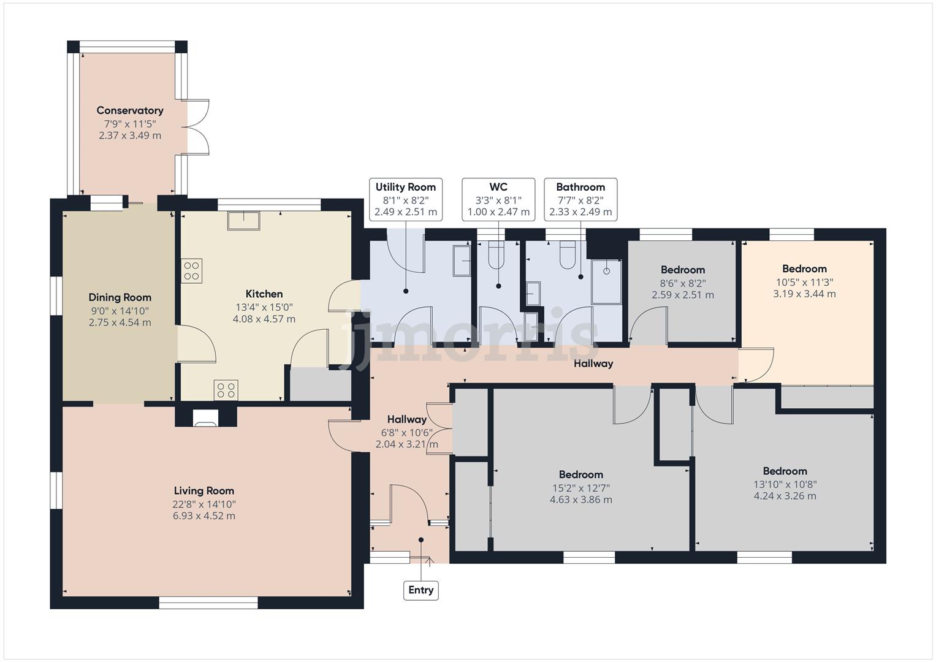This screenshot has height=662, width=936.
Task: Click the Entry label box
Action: click(421, 590)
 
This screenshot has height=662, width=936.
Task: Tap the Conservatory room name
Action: click(130, 110)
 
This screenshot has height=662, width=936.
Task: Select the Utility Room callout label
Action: click(406, 187)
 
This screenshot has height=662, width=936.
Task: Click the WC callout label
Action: click(498, 187)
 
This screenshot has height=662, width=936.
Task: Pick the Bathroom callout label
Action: click(580, 187)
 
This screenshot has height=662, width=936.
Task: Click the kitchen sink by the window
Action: click(243, 221)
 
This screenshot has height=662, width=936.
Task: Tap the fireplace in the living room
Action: click(205, 417)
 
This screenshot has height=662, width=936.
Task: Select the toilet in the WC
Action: click(495, 256)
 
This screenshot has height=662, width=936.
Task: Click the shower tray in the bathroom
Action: click(606, 282)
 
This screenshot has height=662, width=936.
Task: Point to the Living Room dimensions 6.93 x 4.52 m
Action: click(204, 516)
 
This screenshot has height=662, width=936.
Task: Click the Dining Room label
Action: click(120, 297)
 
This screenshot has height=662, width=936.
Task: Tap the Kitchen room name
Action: click(264, 294)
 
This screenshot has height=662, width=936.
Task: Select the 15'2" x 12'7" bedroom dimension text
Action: click(581, 488)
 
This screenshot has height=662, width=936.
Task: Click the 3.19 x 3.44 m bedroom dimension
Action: click(805, 294)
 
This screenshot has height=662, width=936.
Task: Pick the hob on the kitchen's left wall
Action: click(192, 271)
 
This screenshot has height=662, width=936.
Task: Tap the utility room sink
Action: click(462, 261)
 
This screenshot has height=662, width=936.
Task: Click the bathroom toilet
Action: click(567, 256)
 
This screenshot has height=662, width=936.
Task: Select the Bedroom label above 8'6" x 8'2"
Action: click(683, 270)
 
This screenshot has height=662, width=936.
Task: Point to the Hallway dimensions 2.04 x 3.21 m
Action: click(407, 444)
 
